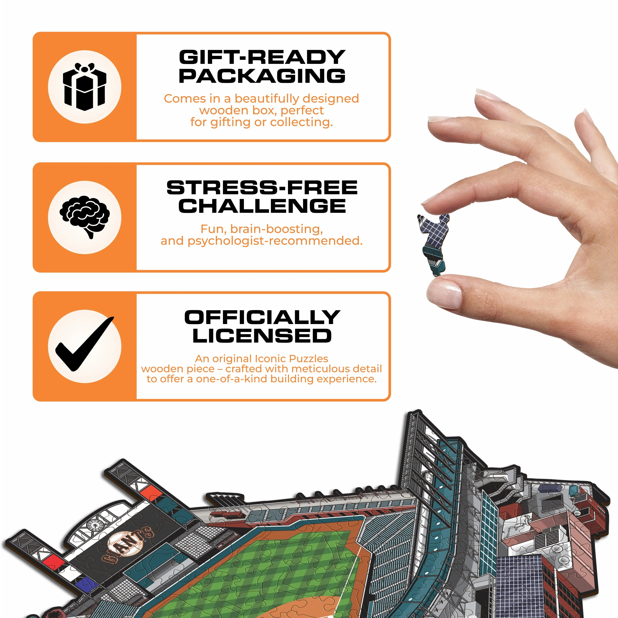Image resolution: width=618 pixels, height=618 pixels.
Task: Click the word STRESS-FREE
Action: click(262, 187)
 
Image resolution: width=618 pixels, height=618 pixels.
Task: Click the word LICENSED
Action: click(262, 336)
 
